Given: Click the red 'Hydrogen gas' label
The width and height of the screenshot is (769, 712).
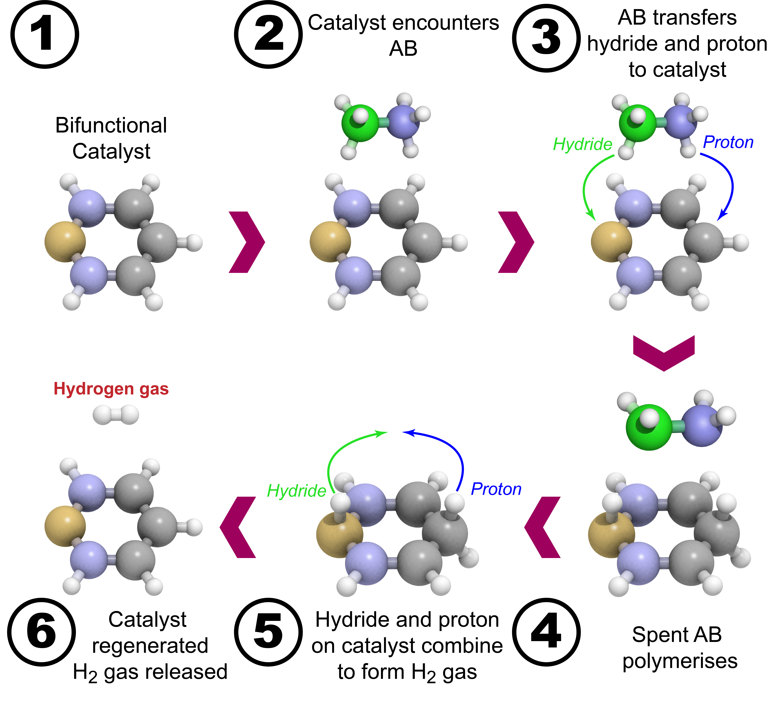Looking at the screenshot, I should point(111,389).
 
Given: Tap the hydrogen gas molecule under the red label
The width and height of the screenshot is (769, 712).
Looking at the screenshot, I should point(116,415).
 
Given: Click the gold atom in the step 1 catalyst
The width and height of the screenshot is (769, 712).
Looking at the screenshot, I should point(65,242).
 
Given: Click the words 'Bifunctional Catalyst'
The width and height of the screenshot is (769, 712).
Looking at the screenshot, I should point(111,138).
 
